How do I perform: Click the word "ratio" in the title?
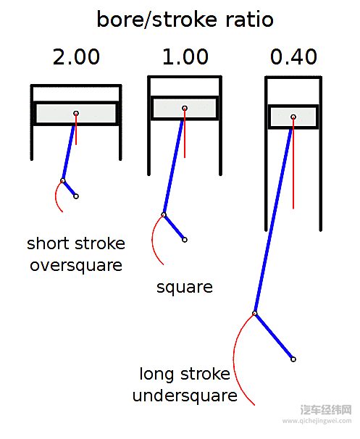click(249, 20)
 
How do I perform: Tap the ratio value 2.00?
click(76, 57)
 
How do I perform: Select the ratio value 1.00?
click(185, 57)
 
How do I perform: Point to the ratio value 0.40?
click(293, 57)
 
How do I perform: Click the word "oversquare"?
click(76, 265)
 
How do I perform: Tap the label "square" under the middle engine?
click(185, 288)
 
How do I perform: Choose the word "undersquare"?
click(185, 396)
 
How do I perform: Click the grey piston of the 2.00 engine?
click(76, 113)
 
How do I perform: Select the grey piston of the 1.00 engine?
click(185, 108)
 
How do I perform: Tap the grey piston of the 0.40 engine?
click(293, 117)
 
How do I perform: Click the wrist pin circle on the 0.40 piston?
click(293, 117)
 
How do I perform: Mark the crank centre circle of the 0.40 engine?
click(293, 359)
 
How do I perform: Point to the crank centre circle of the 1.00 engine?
click(185, 240)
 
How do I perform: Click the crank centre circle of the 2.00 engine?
click(76, 196)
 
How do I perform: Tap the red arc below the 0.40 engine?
click(234, 359)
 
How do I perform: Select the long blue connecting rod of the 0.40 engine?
click(274, 215)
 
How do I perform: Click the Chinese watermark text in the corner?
click(326, 410)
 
